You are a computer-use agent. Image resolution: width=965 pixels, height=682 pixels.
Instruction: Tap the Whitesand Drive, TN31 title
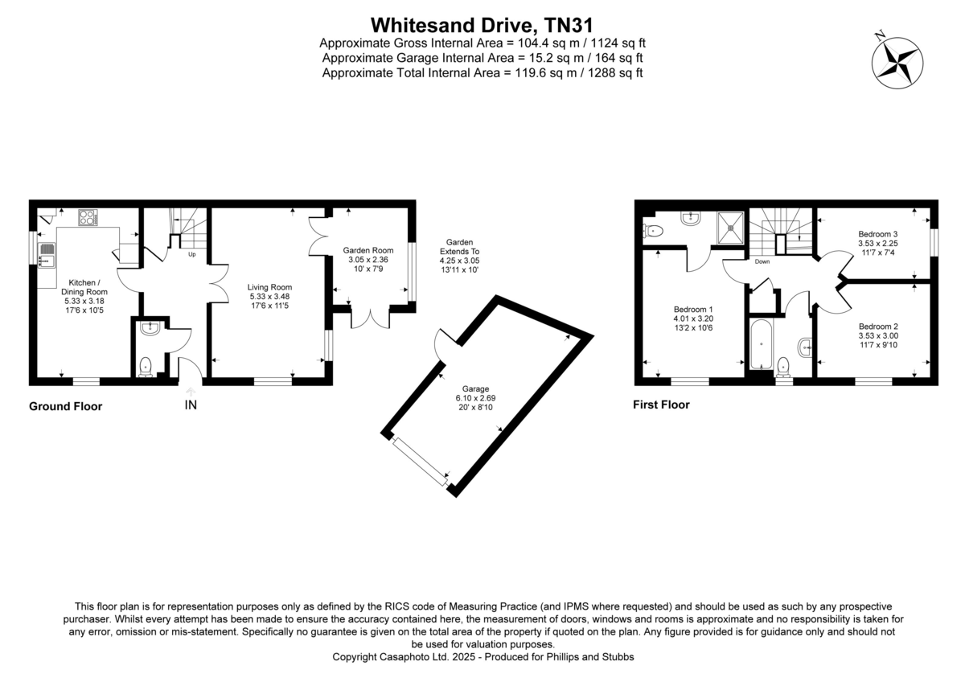(x=482, y=24)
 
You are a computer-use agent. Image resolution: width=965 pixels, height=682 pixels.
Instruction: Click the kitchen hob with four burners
(x=87, y=218)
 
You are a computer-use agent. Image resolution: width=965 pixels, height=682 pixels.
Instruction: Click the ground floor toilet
(x=146, y=367)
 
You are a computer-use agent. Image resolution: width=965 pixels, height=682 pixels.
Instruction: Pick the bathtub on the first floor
(x=760, y=346)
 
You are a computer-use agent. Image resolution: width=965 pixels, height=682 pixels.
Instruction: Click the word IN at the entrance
(x=191, y=405)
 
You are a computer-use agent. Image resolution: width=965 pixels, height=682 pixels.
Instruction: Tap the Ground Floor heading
(x=65, y=407)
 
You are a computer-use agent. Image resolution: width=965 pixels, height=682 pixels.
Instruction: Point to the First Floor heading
(x=661, y=405)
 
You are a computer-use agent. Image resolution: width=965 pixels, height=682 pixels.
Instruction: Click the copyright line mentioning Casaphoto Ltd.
(x=483, y=657)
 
